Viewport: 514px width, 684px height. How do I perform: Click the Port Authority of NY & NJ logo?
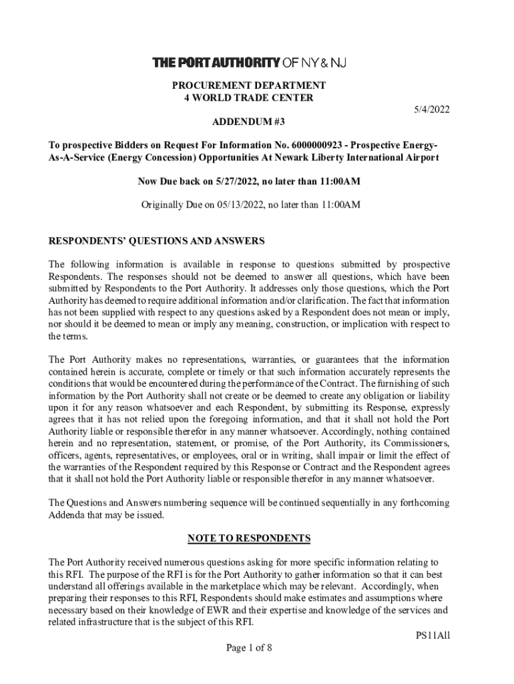[250, 63]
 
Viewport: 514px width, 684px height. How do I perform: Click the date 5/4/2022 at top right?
[429, 110]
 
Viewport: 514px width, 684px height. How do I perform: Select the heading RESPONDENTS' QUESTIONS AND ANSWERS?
[157, 240]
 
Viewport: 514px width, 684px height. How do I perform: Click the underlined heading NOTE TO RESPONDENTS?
[249, 538]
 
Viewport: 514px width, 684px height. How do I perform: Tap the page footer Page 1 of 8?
[250, 647]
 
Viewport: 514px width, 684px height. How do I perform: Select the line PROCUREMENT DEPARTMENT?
[249, 85]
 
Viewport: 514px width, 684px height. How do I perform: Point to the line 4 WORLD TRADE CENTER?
[249, 98]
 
